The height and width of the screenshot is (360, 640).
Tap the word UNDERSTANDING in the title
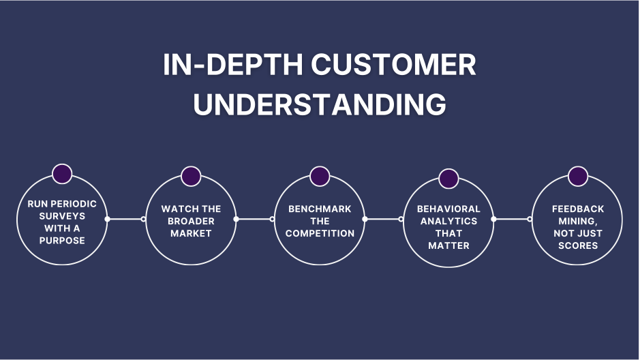click(320, 105)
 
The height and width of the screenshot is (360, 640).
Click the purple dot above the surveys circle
click(62, 174)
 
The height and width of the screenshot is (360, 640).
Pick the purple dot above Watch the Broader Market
click(191, 176)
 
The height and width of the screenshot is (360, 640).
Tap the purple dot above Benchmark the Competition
click(320, 176)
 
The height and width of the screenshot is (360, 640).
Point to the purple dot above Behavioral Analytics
click(448, 178)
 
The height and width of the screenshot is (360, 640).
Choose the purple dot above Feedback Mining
click(578, 176)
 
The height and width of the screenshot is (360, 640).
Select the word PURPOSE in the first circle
click(62, 240)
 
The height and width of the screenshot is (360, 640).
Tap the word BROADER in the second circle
click(192, 221)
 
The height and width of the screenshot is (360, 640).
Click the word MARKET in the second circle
click(192, 233)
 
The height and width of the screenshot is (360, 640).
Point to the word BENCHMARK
click(320, 209)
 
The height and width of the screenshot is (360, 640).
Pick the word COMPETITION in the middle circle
click(320, 233)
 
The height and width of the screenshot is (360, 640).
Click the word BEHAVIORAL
click(448, 209)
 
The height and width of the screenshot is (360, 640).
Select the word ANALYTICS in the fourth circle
click(448, 221)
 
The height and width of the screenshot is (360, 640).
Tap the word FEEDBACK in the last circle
click(578, 209)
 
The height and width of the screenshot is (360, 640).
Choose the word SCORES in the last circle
click(578, 245)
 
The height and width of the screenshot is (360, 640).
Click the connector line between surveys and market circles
click(126, 219)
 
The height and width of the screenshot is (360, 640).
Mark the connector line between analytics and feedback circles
click(512, 219)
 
